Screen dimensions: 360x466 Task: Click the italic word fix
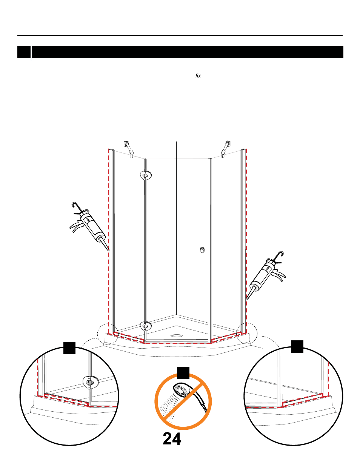point(198,76)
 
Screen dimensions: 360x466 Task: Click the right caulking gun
point(266,275)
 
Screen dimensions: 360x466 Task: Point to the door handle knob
point(202,250)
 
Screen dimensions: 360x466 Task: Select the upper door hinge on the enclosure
point(146,175)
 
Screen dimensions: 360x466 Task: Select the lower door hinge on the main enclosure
point(146,326)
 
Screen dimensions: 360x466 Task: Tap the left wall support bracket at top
point(129,149)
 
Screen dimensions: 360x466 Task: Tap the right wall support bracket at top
point(226,149)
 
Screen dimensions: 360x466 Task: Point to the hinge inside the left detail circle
point(91,382)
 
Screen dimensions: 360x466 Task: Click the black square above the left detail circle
point(69,348)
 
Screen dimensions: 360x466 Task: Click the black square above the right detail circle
point(297,346)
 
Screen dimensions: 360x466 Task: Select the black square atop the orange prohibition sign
point(183,373)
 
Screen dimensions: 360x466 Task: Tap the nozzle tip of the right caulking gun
point(247,299)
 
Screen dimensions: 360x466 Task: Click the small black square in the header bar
point(24,52)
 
